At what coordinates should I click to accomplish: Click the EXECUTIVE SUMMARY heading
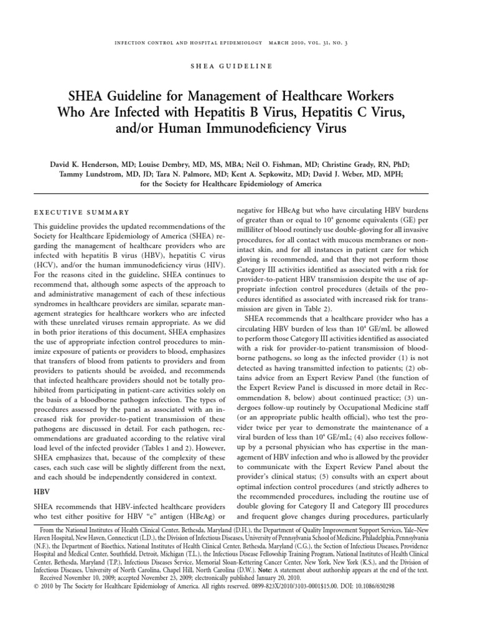pyautogui.click(x=81, y=212)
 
